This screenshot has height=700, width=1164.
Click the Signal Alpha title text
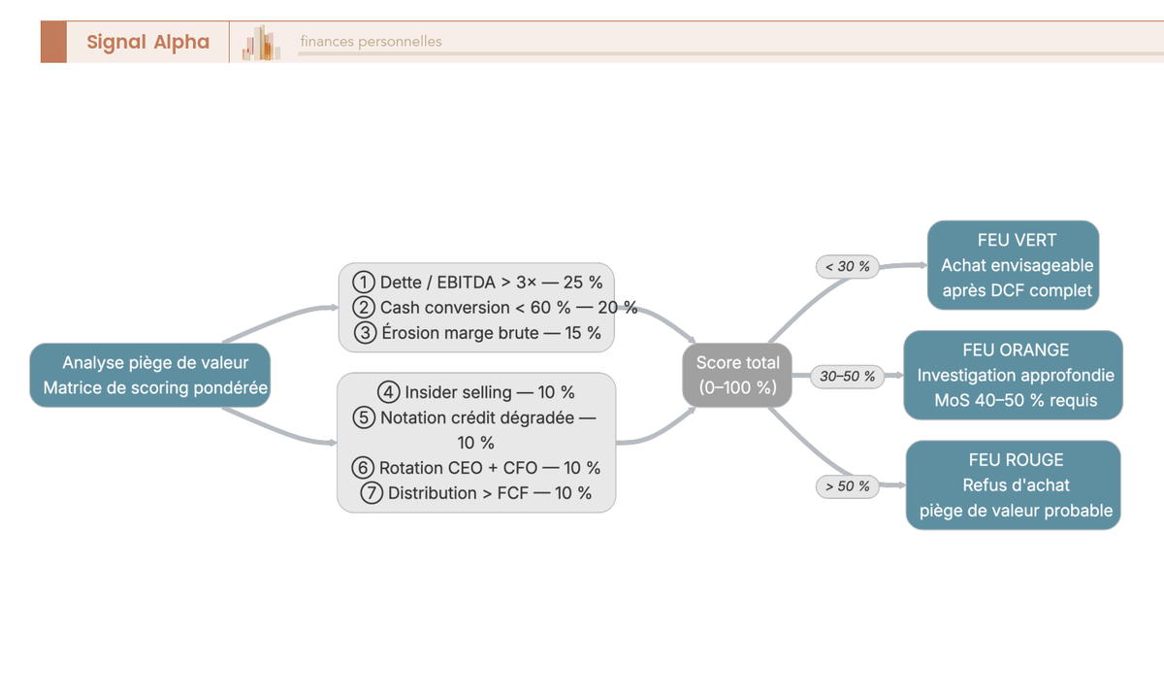coord(148,42)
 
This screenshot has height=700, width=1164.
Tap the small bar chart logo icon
coord(261,43)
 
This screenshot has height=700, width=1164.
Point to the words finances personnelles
coord(371,41)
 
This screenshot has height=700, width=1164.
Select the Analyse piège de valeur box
coord(149,375)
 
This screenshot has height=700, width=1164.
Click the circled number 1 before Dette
coord(363,282)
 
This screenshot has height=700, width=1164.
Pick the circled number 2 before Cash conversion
coord(363,308)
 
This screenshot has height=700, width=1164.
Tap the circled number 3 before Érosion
coord(365,333)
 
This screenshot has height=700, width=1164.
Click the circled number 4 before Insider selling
coord(388,392)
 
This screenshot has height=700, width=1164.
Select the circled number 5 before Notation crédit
coord(363,417)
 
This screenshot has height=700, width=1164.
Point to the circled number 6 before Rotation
coord(362,468)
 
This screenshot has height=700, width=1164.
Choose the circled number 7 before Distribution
coord(371,493)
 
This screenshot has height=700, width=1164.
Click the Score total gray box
coord(737,375)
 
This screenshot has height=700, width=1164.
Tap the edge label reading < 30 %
coord(847,266)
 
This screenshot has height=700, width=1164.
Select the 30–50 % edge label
coord(847,376)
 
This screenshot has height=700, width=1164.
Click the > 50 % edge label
coord(847,486)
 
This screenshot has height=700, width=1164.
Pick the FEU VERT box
coord(1014,265)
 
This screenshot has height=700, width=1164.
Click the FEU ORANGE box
coord(1014,375)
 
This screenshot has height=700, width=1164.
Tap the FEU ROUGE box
coord(1014,485)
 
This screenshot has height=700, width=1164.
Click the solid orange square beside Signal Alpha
coord(53,42)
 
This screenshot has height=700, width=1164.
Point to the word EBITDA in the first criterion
coord(466,283)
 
